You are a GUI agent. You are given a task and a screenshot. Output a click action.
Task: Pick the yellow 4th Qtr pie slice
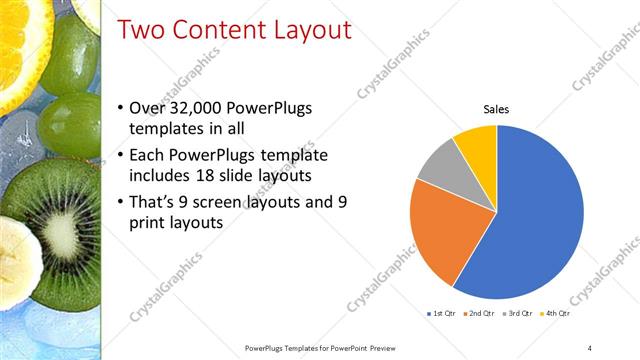(477, 146)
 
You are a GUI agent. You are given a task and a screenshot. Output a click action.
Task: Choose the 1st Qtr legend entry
(439, 314)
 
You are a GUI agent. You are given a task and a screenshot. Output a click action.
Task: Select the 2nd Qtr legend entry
(481, 314)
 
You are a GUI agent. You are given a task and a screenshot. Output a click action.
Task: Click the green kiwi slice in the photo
(65, 215)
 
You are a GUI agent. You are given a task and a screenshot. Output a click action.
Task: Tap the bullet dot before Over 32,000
(121, 108)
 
